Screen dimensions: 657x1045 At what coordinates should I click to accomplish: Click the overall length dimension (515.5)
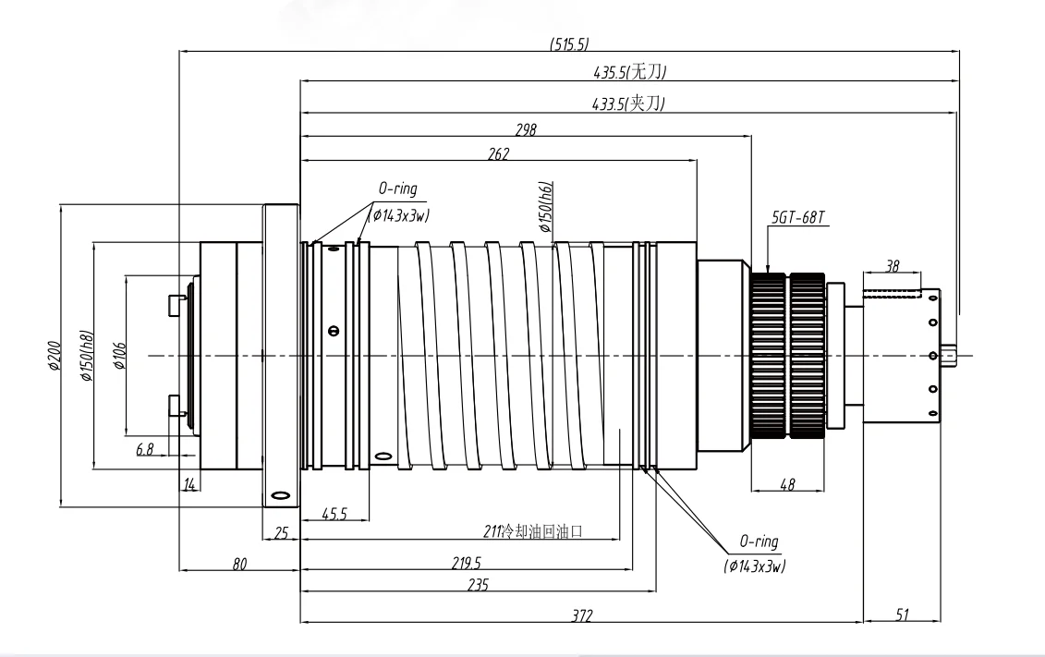tap(568, 43)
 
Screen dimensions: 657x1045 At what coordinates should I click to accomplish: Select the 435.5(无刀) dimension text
tap(631, 72)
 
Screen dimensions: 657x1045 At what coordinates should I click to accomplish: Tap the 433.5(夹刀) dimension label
tap(629, 104)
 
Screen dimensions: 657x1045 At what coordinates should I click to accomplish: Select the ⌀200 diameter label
tap(54, 355)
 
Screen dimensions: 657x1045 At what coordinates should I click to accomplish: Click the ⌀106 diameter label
tap(119, 355)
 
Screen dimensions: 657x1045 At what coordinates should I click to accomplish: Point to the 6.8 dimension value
tap(144, 450)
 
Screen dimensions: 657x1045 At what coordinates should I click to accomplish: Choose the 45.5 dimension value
tap(334, 514)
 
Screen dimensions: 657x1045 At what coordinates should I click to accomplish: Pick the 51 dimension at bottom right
tap(902, 614)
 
